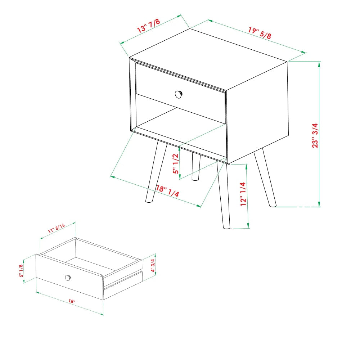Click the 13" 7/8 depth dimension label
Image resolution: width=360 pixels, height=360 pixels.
[x=148, y=26]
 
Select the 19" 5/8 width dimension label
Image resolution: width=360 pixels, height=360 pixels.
[x=260, y=33]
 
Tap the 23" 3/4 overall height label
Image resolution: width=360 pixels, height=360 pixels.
[x=315, y=135]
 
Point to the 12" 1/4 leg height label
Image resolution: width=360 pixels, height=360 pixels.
[x=243, y=194]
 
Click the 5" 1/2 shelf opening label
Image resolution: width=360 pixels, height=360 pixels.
[x=176, y=164]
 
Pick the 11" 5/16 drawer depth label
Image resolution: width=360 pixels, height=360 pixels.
[x=56, y=229]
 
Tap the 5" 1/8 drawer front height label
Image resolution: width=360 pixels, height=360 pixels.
[x=21, y=271]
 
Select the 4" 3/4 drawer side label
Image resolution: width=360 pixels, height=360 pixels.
[x=153, y=265]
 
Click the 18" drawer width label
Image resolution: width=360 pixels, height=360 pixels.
[x=72, y=301]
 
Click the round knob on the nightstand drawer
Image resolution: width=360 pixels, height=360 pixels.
[x=179, y=94]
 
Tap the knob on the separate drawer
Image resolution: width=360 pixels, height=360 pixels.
[x=68, y=278]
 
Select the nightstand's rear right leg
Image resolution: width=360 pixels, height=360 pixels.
[x=265, y=177]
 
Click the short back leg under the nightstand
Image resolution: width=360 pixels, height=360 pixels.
[x=196, y=166]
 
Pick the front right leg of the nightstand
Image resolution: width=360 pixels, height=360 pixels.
[x=223, y=195]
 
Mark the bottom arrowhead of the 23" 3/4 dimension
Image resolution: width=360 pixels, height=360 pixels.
[x=319, y=204]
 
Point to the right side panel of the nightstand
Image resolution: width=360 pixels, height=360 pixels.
[x=257, y=112]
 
